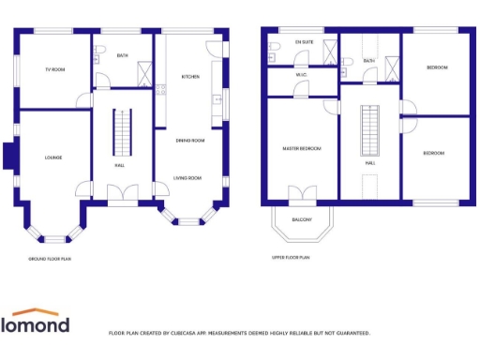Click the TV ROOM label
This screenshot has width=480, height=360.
pyautogui.click(x=55, y=70)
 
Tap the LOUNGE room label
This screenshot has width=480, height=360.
pyautogui.click(x=52, y=157)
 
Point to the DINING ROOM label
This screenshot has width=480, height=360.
pyautogui.click(x=190, y=140)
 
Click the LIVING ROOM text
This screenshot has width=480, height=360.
pyautogui.click(x=189, y=177)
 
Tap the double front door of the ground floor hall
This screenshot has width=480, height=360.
pyautogui.click(x=121, y=195)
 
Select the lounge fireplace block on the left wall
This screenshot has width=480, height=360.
pyautogui.click(x=8, y=156)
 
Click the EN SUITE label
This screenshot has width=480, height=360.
pyautogui.click(x=305, y=42)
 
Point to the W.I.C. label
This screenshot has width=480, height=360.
pyautogui.click(x=302, y=75)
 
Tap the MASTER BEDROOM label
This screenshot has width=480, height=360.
pyautogui.click(x=302, y=148)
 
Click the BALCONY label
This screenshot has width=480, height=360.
pyautogui.click(x=302, y=220)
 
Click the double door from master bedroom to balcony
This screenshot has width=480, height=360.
pyautogui.click(x=302, y=196)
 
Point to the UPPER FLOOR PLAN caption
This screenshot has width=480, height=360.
pyautogui.click(x=291, y=257)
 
